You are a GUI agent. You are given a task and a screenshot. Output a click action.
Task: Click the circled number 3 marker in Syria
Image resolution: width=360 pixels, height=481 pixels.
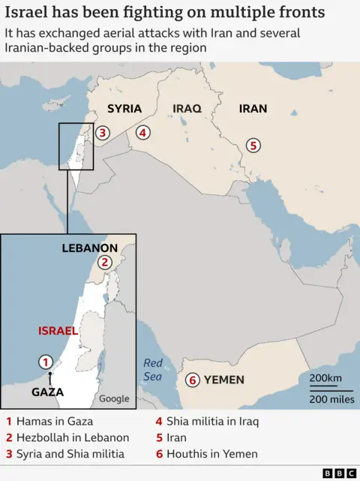pyautogui.click(x=103, y=134)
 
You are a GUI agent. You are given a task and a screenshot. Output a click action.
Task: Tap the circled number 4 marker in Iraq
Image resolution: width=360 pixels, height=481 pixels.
pyautogui.click(x=142, y=134)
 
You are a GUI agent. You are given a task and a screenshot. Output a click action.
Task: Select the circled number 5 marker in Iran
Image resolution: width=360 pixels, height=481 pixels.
pyautogui.click(x=253, y=145)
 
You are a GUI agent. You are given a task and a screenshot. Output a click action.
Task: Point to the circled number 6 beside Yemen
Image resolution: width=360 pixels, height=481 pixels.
pyautogui.click(x=193, y=380)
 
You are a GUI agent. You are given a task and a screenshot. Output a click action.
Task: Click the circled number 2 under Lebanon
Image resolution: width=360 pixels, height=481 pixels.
pyautogui.click(x=105, y=262)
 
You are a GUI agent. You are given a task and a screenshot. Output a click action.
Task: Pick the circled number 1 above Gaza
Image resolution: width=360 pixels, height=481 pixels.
pyautogui.click(x=45, y=362)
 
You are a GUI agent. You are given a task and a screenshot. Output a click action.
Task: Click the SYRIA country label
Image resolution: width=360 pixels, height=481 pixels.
pyautogui.click(x=124, y=109)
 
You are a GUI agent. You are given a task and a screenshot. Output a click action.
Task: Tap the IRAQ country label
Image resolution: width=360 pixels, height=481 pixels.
pyautogui.click(x=187, y=109)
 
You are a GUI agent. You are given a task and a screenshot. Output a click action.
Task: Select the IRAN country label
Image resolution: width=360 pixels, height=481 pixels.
pyautogui.click(x=253, y=109)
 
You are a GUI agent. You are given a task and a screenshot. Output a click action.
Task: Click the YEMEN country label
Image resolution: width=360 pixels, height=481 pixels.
pyautogui.click(x=224, y=380)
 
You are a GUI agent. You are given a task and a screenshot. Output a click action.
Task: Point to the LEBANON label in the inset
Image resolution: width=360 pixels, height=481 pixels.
pyautogui.click(x=89, y=248)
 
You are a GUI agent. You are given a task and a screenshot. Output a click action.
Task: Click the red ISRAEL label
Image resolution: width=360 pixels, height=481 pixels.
pyautogui.click(x=57, y=331)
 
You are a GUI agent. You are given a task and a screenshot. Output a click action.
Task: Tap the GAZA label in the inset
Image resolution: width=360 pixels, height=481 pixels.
pyautogui.click(x=47, y=392)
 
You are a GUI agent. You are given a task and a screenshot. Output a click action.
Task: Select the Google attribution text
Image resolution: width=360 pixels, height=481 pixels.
pyautogui.click(x=114, y=398)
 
